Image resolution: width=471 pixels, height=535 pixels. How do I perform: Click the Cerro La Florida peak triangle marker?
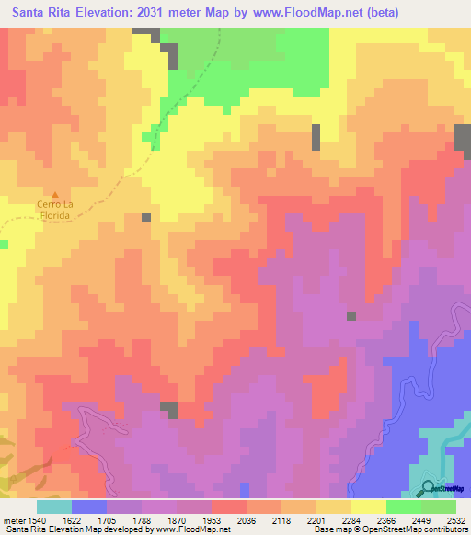(x=54, y=195)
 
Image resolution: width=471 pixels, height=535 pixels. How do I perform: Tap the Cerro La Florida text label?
(x=54, y=209)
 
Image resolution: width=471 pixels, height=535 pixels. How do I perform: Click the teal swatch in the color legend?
(x=54, y=507)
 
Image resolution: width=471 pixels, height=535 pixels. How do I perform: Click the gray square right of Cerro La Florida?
(x=146, y=218)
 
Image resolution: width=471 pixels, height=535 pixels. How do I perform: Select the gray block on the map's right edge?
(x=463, y=136)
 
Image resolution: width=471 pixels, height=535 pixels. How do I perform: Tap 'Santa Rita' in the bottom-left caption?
(x=25, y=529)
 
